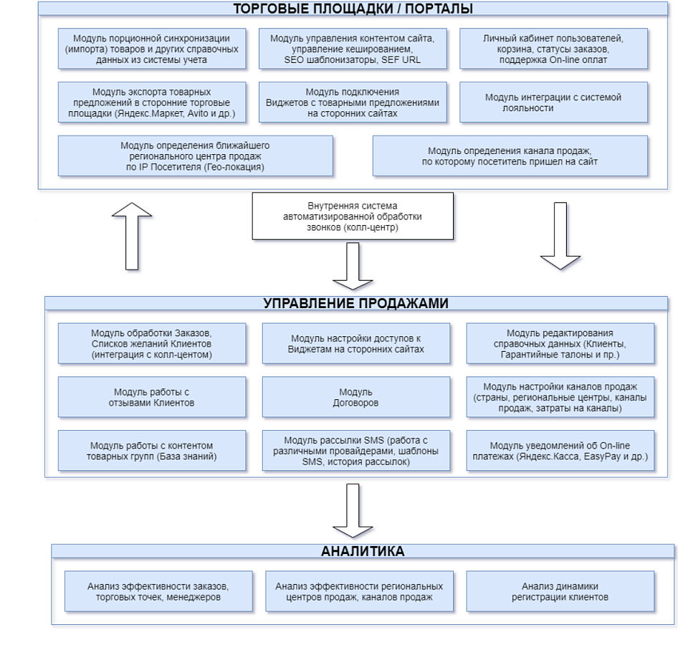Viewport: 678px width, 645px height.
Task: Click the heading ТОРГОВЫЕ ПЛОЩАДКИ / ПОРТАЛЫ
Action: coord(353,9)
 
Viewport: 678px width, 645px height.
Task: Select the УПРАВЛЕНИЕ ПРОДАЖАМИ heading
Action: coord(356,303)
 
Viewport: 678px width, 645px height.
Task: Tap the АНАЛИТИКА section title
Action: coord(363,551)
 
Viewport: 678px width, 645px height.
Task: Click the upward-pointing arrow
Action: coord(132,236)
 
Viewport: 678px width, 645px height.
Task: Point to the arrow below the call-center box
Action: coord(353,266)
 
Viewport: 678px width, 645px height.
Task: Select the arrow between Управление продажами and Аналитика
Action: coord(353,510)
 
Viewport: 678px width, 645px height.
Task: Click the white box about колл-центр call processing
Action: coord(353,216)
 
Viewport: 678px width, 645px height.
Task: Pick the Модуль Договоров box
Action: coord(356,397)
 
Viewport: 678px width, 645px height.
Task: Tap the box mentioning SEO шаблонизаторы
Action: coord(353,49)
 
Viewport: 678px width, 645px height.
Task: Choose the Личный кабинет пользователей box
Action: coord(553,49)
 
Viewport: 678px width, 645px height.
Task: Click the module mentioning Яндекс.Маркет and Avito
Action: coord(152,102)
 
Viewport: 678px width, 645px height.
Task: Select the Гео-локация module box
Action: coord(196,156)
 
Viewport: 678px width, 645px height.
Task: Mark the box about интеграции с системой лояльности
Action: coord(553,102)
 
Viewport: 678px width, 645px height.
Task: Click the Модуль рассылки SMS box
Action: coord(356,451)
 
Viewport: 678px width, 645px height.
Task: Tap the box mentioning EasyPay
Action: coord(560,451)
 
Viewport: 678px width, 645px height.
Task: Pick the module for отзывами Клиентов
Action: coord(152,397)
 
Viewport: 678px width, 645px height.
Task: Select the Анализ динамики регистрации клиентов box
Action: coord(560,591)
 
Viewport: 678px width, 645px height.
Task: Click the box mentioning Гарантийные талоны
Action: coord(560,343)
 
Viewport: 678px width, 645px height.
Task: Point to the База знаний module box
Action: coord(152,451)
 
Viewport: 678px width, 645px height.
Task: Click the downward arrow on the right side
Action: coord(560,236)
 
